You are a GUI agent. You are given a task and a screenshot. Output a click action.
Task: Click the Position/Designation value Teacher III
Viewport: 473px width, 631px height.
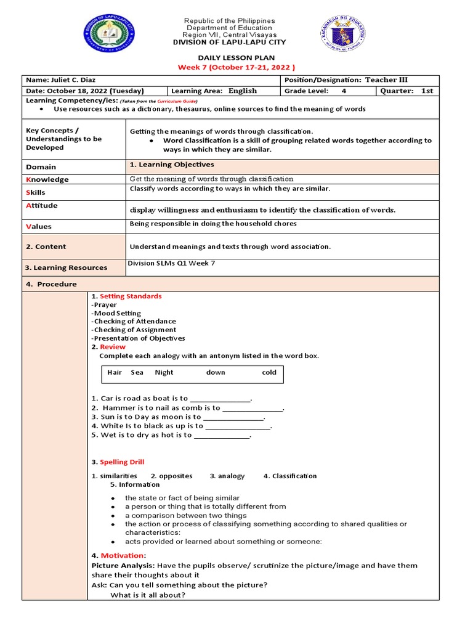(x=386, y=80)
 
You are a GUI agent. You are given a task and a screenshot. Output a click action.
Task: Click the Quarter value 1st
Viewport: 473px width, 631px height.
(x=427, y=91)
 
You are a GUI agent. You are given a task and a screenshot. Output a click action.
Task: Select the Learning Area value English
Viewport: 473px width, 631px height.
(x=243, y=91)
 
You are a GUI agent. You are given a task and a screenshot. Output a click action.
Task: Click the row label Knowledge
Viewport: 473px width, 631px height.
(x=47, y=179)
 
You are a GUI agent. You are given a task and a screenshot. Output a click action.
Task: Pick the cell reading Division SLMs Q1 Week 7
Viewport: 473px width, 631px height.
(x=171, y=264)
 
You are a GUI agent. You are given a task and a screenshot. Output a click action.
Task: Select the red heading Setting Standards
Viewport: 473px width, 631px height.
(x=131, y=296)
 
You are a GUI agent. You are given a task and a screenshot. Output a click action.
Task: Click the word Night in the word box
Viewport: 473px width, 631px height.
(x=164, y=372)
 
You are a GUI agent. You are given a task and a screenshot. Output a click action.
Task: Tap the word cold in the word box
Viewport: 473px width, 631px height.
(x=269, y=372)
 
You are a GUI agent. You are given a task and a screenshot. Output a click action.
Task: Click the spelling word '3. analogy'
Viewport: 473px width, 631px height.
(x=227, y=476)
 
